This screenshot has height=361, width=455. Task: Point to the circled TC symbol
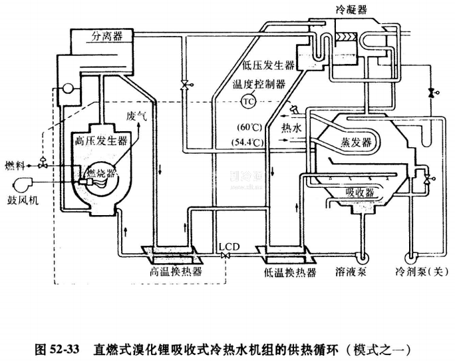point(248,102)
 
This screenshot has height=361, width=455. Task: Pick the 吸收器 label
point(359,192)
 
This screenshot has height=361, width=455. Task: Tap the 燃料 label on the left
point(15,164)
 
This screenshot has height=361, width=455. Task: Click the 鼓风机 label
point(23,202)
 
